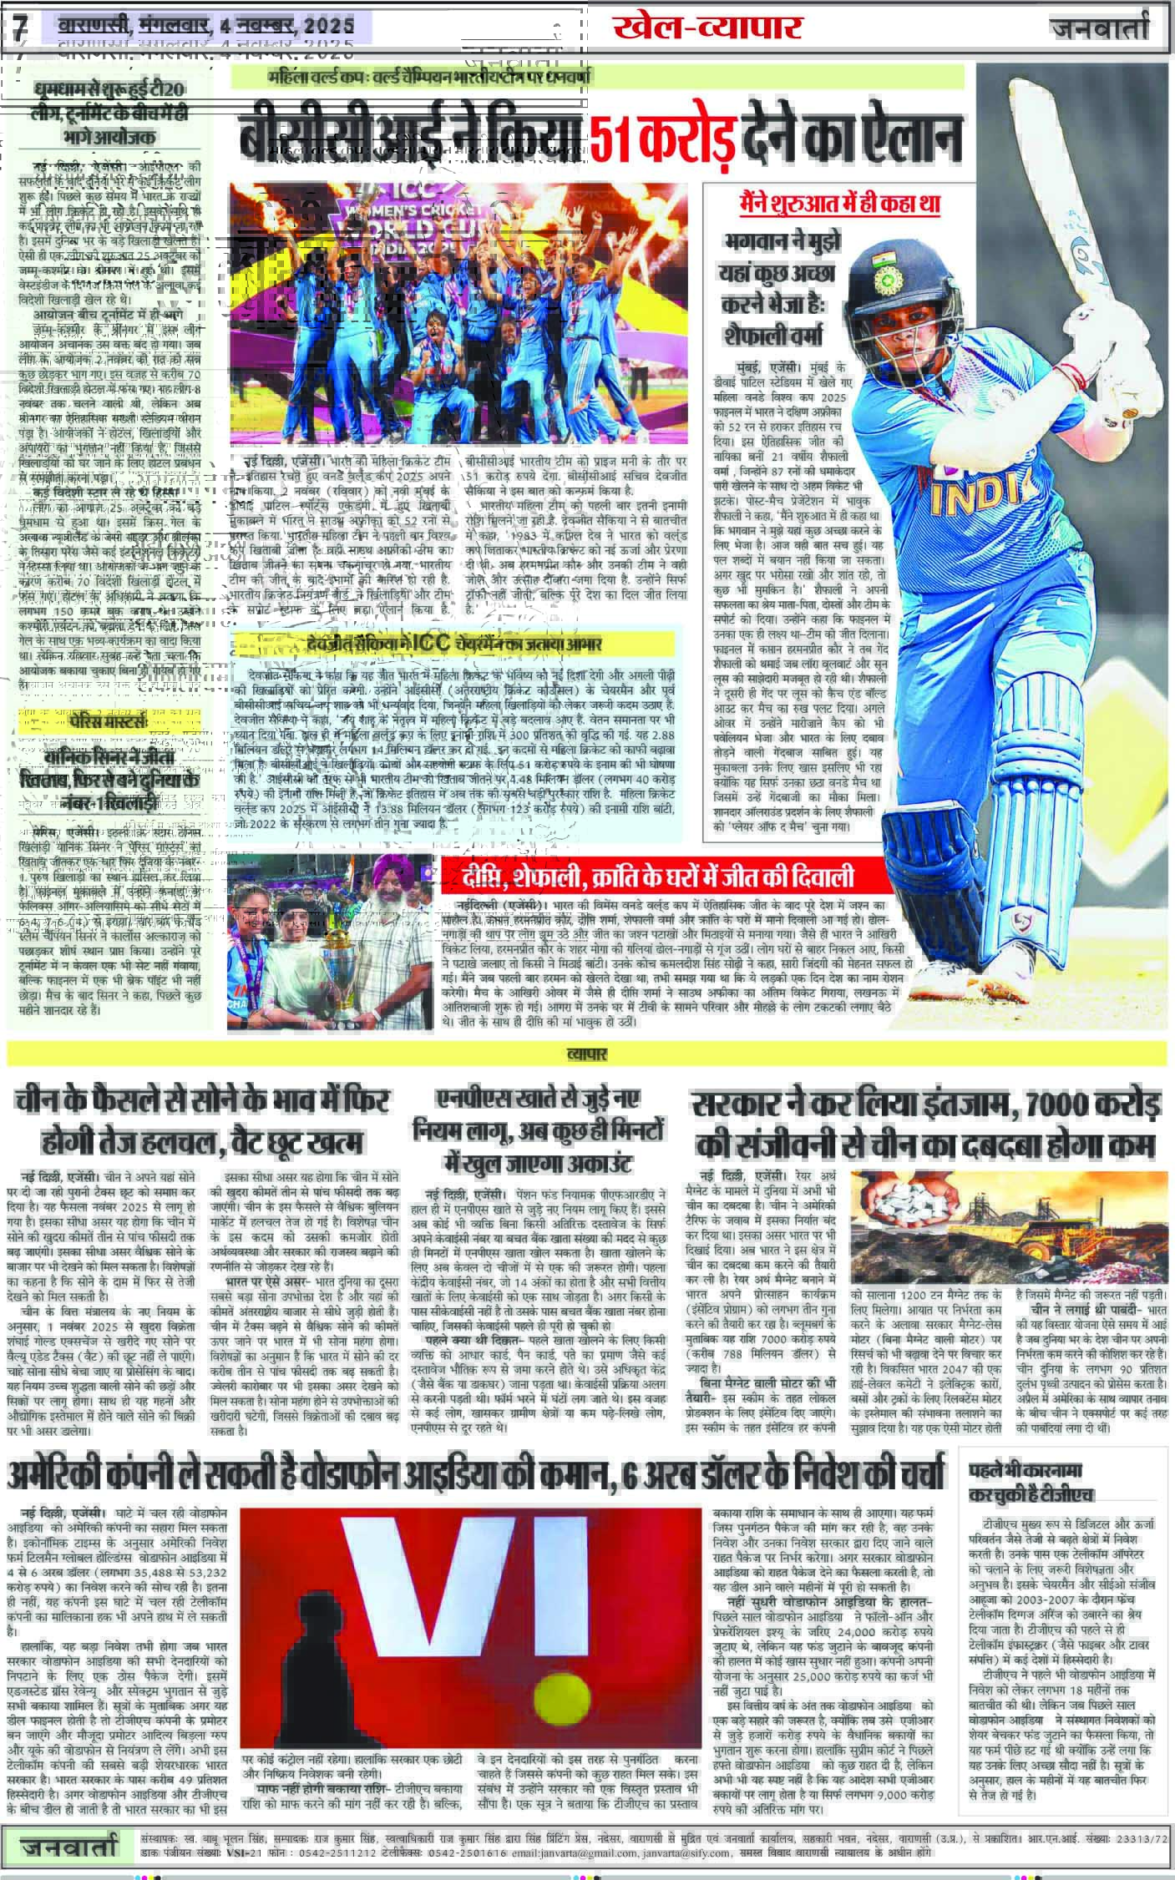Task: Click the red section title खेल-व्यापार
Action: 707,27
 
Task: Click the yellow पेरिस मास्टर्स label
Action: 113,720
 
